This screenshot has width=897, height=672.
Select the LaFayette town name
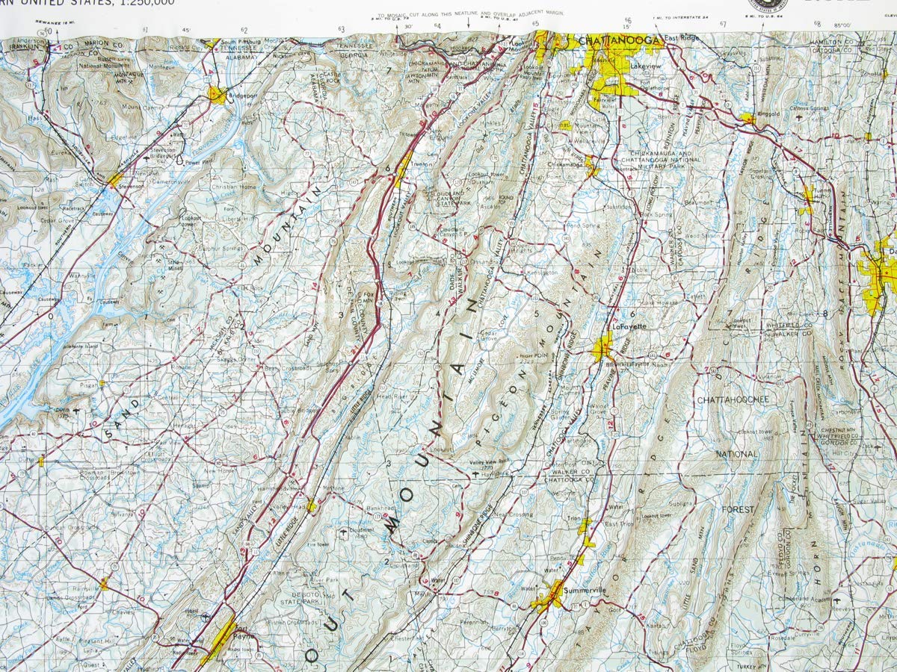[x=629, y=326]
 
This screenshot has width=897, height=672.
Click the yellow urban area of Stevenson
[x=114, y=180]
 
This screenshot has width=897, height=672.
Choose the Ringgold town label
[x=768, y=116]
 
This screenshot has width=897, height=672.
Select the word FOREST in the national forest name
[x=738, y=509]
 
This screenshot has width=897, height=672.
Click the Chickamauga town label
[x=566, y=164]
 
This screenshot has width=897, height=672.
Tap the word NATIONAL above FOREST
[x=736, y=454]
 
